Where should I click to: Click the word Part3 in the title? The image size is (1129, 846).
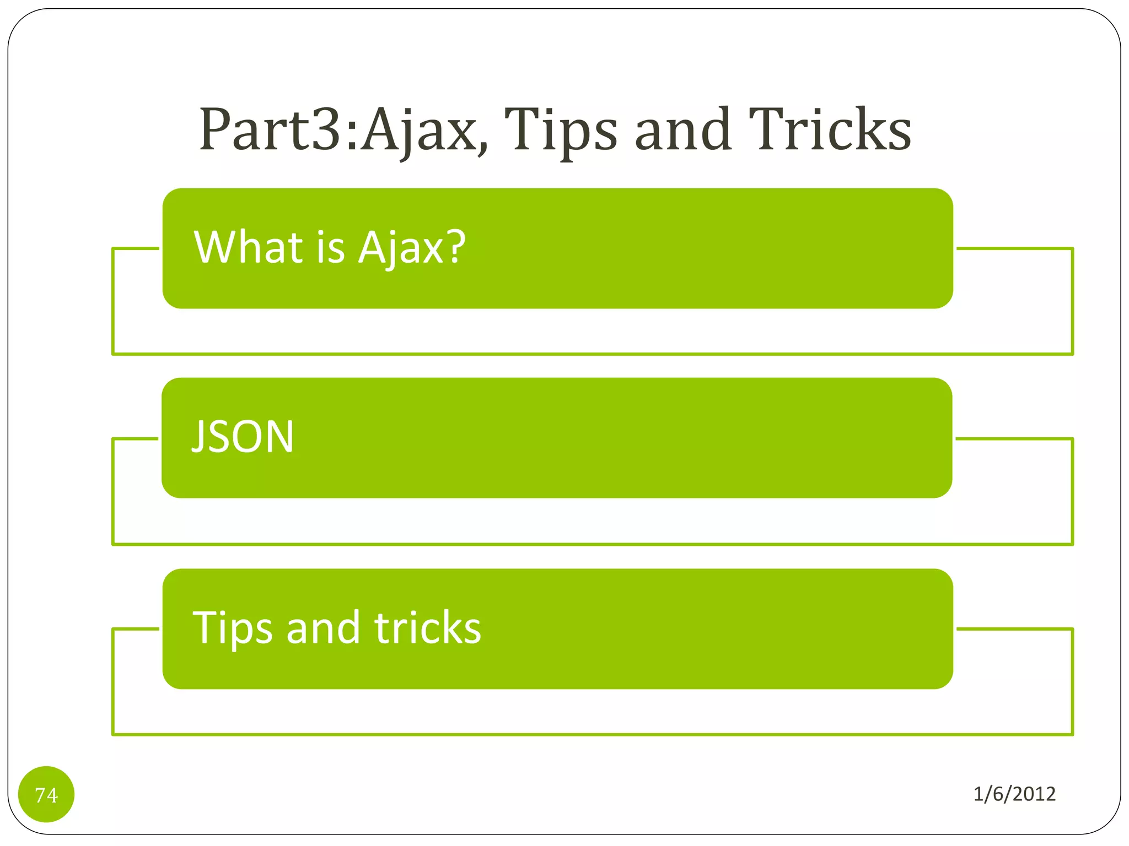[x=270, y=130]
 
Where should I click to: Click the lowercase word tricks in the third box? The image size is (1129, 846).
[x=427, y=628]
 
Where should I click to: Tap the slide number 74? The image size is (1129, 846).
[x=46, y=795]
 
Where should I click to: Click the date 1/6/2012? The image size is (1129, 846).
[x=1014, y=794]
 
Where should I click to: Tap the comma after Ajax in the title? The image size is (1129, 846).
[x=483, y=147]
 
